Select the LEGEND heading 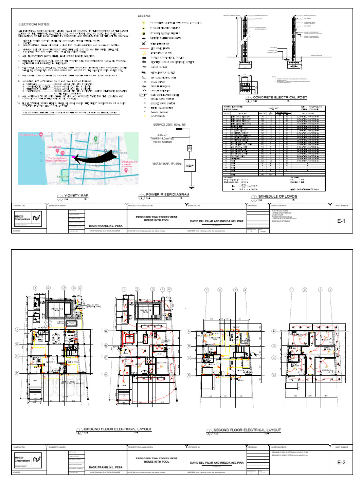point(143,16)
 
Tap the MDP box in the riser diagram point(190,165)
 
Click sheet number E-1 point(341,218)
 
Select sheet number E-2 point(341,463)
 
